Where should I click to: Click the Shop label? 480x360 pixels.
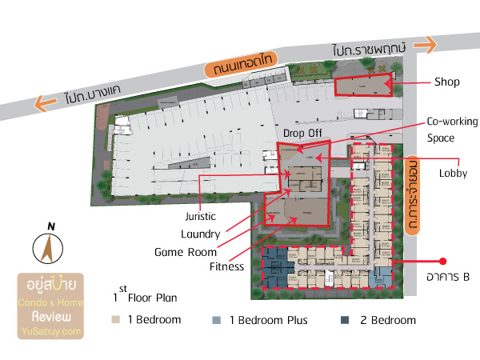point(447,82)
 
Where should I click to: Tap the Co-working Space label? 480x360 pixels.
point(451,130)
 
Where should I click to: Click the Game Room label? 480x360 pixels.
point(187,252)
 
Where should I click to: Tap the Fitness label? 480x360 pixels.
point(226,267)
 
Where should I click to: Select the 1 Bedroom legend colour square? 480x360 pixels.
point(116,320)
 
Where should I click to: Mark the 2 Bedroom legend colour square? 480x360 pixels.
point(344,320)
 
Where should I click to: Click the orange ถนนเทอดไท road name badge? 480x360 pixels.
point(239,69)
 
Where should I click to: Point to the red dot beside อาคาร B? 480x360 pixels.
point(442,261)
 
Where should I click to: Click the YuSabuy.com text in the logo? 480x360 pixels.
point(52,331)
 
